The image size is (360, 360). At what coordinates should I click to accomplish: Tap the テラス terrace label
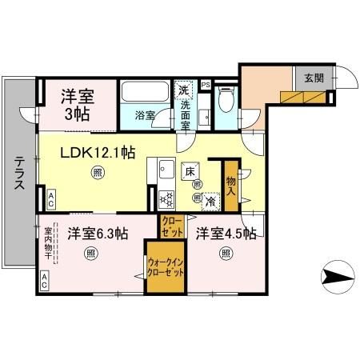tap(18, 172)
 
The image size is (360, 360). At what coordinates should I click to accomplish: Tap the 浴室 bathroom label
tap(145, 114)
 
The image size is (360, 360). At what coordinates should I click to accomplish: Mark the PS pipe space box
tap(206, 84)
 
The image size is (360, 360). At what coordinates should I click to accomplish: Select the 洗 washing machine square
tap(185, 89)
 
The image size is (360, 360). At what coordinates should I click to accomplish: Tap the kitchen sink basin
tap(167, 170)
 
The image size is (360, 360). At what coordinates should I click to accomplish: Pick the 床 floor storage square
tap(191, 170)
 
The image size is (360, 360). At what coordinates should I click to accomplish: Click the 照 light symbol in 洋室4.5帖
tap(226, 254)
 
